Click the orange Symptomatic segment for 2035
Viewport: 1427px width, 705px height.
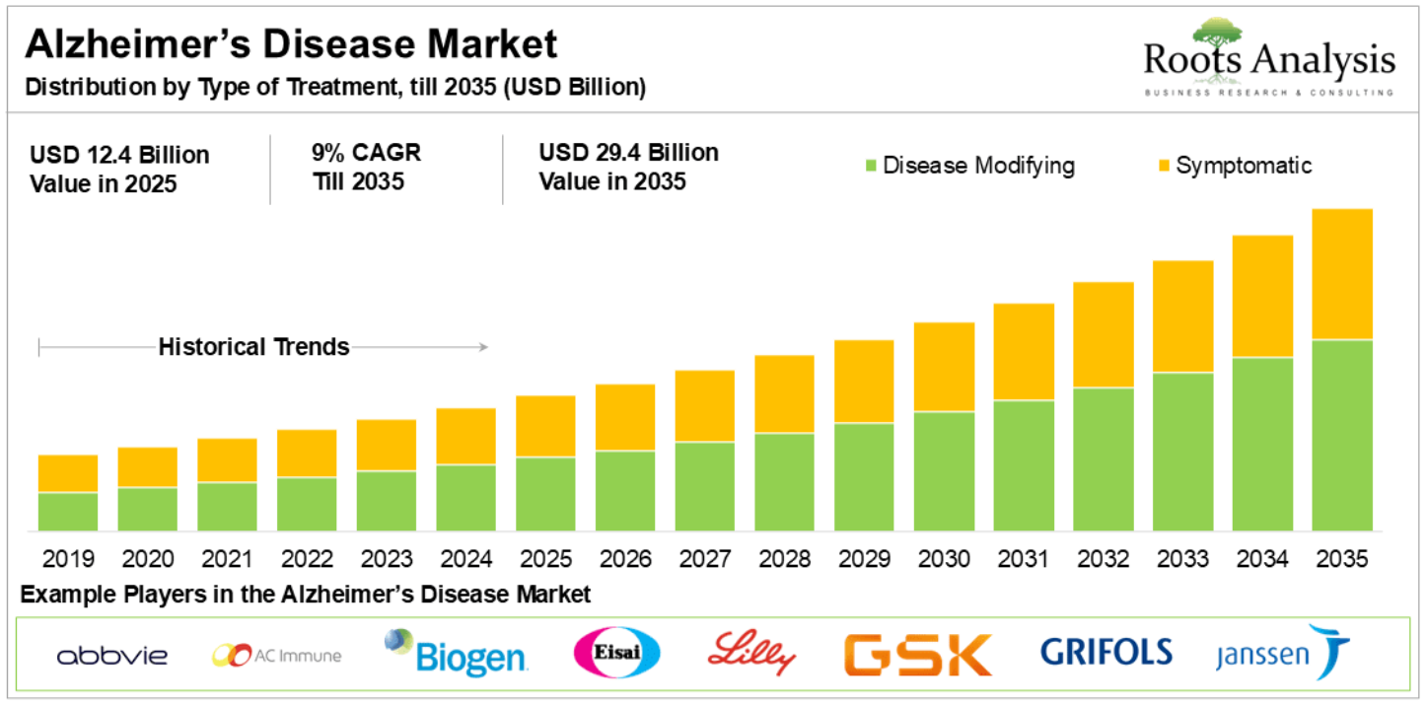1342,274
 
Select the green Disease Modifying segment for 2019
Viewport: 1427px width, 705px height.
68,512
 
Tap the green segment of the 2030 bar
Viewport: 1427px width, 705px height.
944,471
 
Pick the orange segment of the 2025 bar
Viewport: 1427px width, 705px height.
546,426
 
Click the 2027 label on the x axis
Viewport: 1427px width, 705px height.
705,559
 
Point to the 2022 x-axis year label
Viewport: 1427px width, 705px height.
307,559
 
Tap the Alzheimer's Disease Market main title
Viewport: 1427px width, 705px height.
291,44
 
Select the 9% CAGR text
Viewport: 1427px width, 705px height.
365,154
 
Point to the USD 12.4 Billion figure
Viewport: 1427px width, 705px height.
119,156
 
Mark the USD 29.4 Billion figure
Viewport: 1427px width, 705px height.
628,154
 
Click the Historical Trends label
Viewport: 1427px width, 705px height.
254,347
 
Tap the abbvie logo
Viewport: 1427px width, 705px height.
112,656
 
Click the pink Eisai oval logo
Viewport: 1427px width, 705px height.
616,653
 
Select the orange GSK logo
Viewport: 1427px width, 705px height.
917,654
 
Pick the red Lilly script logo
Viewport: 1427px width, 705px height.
751,653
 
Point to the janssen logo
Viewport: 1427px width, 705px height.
1282,653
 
